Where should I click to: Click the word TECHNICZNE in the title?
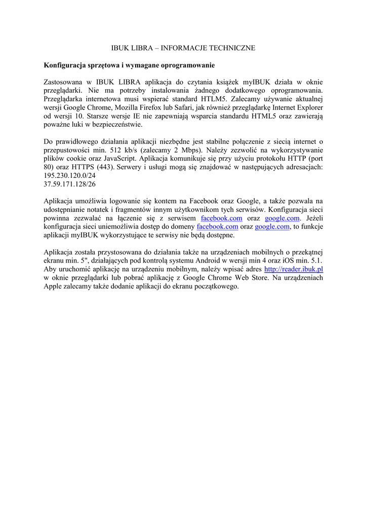tap(232, 48)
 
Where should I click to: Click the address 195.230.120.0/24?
tap(70, 176)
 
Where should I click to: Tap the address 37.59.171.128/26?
tap(70, 184)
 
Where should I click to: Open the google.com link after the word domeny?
tap(272, 228)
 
